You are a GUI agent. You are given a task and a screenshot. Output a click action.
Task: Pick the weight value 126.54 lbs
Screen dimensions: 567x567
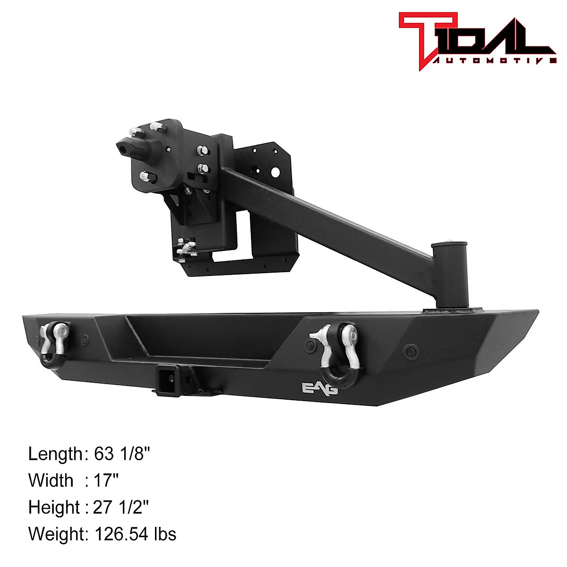136,534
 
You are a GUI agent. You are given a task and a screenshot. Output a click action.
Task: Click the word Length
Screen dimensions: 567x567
55,454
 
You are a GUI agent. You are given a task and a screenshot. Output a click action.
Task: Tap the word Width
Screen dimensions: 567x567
51,481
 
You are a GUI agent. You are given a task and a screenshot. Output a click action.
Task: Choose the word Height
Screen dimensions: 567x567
54,507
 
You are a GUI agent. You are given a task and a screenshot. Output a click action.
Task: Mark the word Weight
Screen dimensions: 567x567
56,534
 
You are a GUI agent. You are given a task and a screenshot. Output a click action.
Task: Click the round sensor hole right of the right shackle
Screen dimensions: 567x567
409,351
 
